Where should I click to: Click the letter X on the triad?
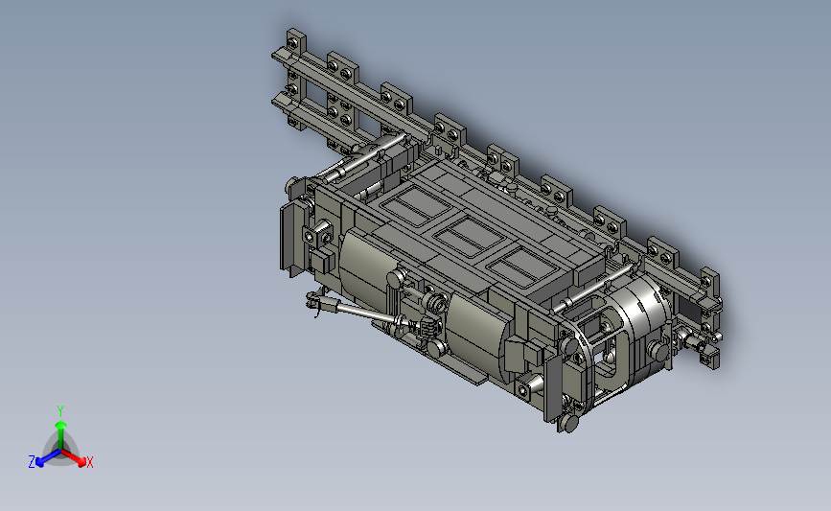tap(89, 463)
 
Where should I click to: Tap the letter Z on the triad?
tap(32, 462)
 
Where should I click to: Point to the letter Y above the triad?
tap(60, 411)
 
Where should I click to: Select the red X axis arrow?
tap(73, 457)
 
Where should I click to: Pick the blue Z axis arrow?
tap(49, 458)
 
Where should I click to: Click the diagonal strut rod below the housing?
tap(366, 314)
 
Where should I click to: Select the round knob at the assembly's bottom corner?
tap(569, 423)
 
